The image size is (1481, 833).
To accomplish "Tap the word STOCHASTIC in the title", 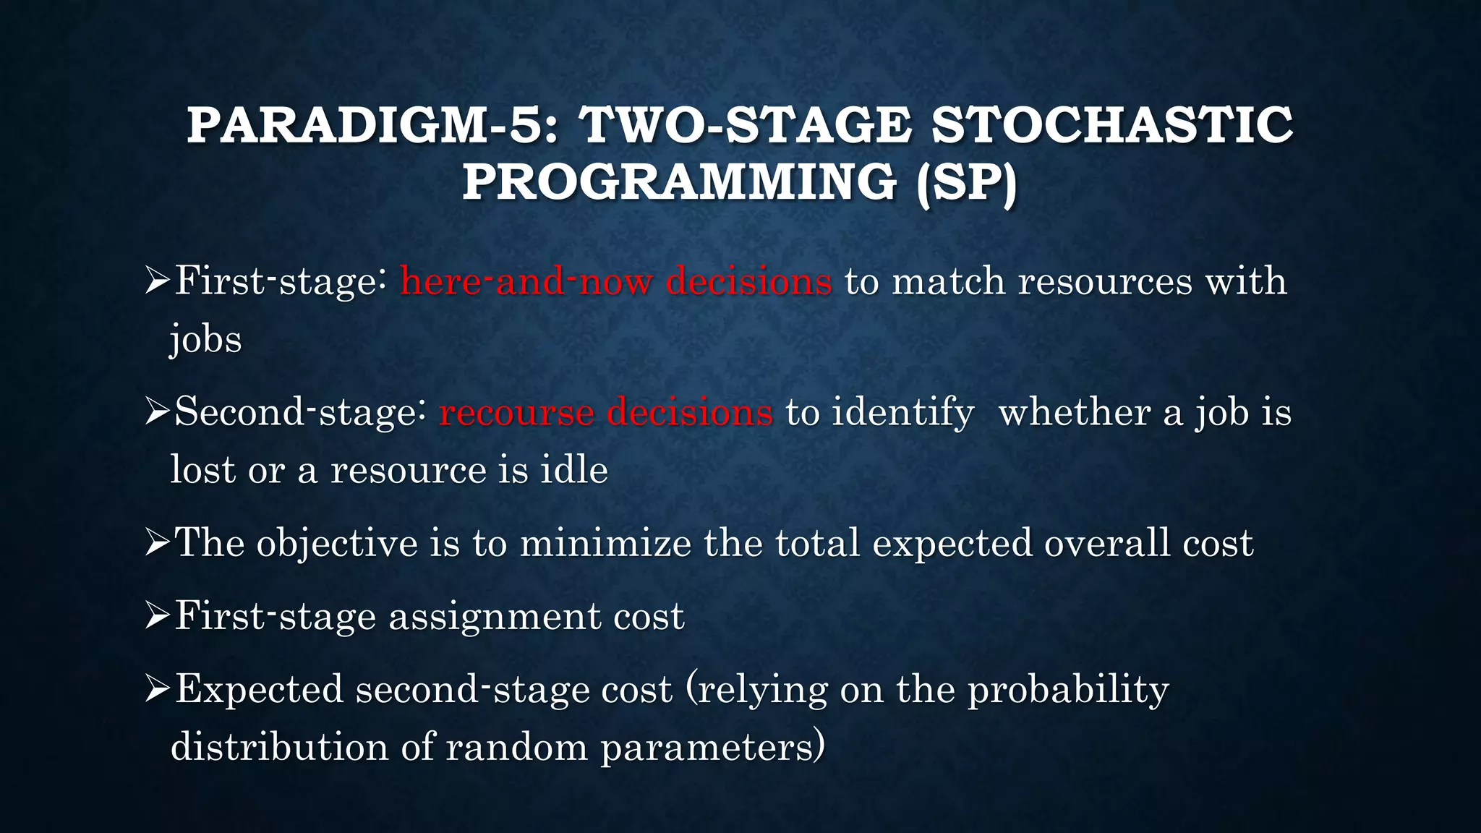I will point(1112,125).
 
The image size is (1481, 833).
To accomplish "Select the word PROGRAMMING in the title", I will point(680,181).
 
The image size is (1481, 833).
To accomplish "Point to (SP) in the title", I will point(967,181).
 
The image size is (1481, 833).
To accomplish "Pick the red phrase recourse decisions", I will point(606,412).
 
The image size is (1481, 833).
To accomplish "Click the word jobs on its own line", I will point(206,340).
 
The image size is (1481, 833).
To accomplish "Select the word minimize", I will point(605,543).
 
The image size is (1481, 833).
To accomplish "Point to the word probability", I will point(1068,689).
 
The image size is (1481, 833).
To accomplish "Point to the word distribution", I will point(279,747).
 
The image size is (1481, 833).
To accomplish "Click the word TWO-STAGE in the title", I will point(745,125).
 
